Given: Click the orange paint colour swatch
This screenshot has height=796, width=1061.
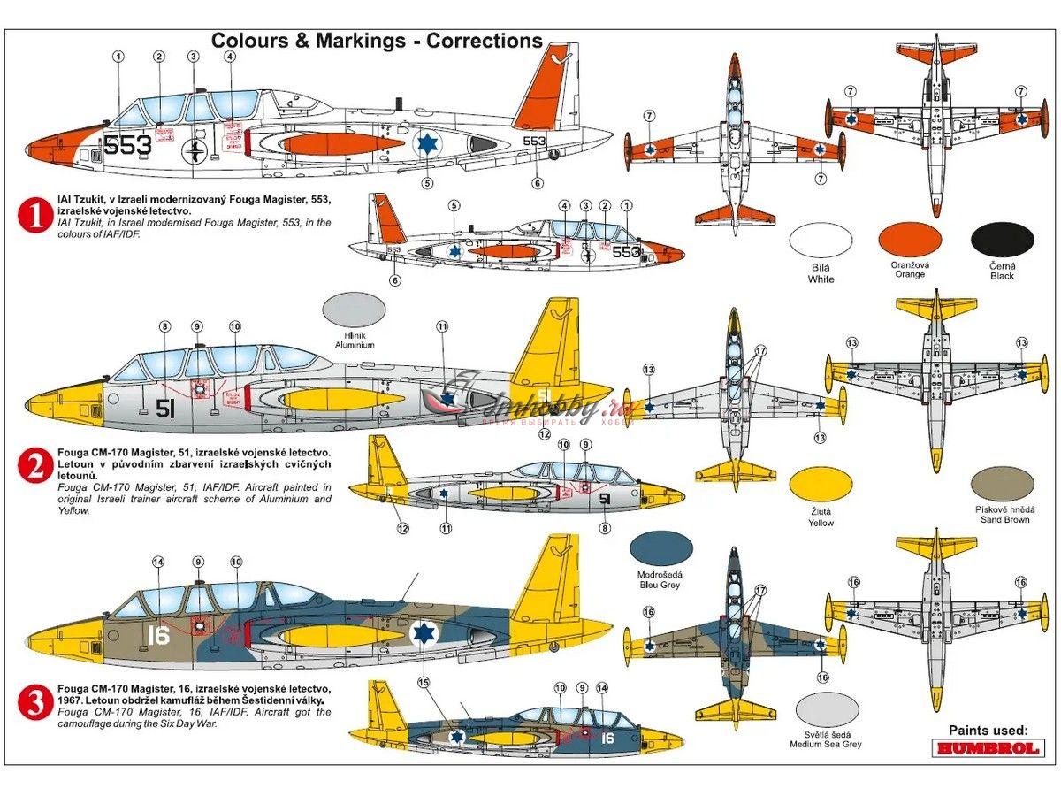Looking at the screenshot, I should click(910, 239).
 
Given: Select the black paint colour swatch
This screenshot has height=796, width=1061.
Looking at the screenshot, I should click(1002, 239).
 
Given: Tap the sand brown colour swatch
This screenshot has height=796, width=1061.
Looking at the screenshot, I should click(1002, 483).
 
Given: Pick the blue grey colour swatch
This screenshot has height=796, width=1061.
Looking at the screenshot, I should click(661, 548).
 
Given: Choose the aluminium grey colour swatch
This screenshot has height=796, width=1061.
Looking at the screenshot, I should click(354, 310).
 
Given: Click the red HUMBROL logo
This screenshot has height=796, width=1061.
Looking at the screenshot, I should click(989, 748).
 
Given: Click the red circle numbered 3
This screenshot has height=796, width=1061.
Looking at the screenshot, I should click(36, 703).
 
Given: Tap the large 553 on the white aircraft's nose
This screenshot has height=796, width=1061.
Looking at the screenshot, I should click(127, 145).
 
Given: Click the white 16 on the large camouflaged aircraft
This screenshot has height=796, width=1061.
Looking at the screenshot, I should click(158, 635).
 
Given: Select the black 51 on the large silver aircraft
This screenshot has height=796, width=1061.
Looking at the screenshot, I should click(164, 408).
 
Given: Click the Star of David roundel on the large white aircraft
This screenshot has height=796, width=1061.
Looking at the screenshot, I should click(428, 143).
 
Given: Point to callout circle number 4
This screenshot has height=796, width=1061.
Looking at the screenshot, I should click(230, 57).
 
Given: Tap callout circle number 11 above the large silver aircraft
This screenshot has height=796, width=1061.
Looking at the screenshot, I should click(442, 326).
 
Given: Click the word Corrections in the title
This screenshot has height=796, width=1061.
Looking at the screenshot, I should click(485, 41).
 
